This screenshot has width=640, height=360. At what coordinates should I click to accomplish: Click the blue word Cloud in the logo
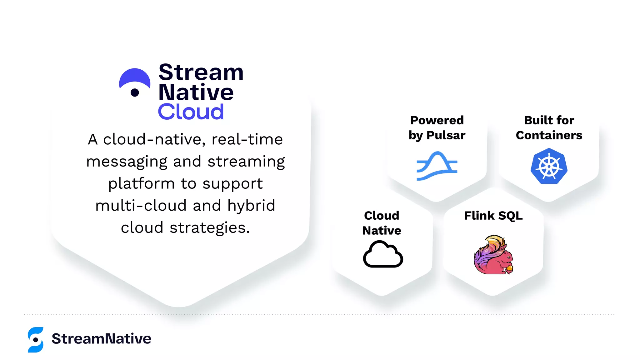[x=191, y=112]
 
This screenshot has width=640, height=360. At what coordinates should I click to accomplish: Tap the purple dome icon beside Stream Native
[x=135, y=78]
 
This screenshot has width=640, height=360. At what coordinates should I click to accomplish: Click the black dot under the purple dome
[x=135, y=92]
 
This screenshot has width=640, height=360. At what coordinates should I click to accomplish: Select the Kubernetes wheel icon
[x=549, y=166]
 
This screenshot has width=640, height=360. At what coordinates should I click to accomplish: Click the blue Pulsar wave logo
[x=437, y=166]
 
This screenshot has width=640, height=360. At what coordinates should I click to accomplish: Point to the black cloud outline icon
[x=383, y=254]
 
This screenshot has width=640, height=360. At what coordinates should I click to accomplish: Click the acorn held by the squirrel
[x=509, y=268]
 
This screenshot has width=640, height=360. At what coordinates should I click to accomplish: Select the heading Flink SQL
[x=493, y=216]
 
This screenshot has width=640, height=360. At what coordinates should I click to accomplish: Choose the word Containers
[x=549, y=135]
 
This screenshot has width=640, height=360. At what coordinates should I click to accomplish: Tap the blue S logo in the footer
[x=36, y=340]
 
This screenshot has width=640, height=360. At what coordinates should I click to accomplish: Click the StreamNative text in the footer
[x=101, y=339]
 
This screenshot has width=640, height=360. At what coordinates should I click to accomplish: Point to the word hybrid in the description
[x=251, y=206]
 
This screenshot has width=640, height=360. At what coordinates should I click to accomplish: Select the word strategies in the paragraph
[x=210, y=227]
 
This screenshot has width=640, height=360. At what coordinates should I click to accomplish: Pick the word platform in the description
[x=141, y=184]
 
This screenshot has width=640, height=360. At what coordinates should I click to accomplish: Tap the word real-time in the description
[x=247, y=139]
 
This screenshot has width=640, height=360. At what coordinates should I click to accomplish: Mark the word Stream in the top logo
[x=201, y=72]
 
